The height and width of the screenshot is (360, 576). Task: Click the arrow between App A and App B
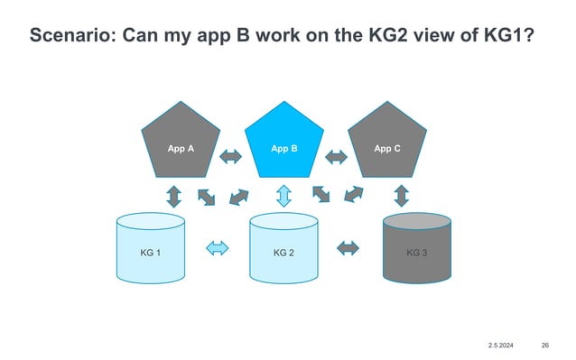(231, 157)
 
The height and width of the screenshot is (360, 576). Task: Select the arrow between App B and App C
(336, 157)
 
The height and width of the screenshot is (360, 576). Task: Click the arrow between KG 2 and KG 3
(348, 246)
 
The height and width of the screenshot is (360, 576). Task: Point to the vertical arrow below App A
(172, 195)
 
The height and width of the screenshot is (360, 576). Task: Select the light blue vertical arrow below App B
(283, 195)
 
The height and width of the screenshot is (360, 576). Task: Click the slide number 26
(544, 346)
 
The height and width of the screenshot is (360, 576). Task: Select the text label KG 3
(416, 253)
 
